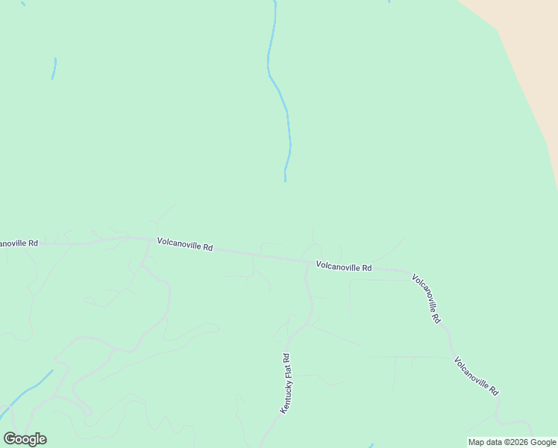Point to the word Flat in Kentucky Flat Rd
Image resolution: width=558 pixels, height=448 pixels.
point(289,371)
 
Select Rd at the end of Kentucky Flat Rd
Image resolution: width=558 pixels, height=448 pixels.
point(292,357)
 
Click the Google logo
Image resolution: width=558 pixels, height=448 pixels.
point(25,439)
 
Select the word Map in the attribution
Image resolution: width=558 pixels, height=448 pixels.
point(477,442)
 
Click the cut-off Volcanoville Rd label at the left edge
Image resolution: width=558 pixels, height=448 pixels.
point(19,243)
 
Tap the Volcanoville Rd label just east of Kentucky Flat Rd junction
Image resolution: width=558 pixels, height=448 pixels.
point(343,266)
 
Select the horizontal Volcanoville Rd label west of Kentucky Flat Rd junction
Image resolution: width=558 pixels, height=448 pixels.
point(185,244)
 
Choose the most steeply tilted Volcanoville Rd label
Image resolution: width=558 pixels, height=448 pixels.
point(426,297)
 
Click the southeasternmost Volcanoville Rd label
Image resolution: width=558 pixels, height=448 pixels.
point(476,376)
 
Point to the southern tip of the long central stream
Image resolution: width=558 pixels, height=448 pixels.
point(285,180)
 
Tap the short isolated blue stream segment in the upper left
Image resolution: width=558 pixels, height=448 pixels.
point(54,68)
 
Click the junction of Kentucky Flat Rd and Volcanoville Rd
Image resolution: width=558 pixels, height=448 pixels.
point(307,261)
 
